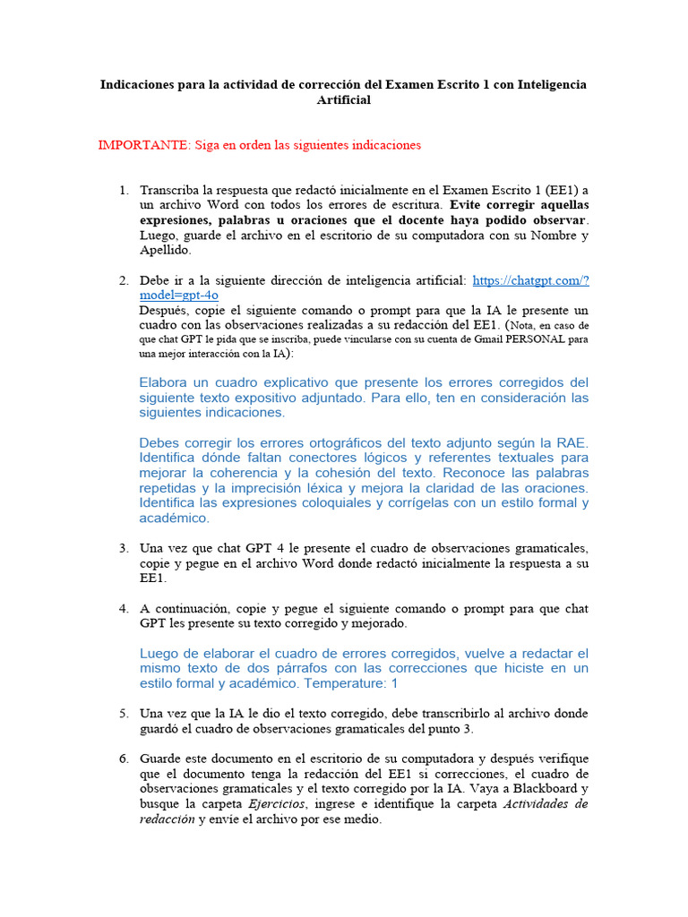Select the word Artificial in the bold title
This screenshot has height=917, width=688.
tap(343, 100)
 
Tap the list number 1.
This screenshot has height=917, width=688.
tap(124, 191)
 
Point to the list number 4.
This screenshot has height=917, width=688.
tap(124, 608)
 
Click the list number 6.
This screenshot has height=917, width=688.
tap(124, 758)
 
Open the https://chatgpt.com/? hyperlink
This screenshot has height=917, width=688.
tap(530, 280)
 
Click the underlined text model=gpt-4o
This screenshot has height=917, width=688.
tap(179, 296)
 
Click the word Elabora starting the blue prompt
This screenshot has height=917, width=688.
tap(168, 382)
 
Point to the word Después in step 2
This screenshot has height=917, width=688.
tap(164, 311)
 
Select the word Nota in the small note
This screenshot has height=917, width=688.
tap(527, 326)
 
